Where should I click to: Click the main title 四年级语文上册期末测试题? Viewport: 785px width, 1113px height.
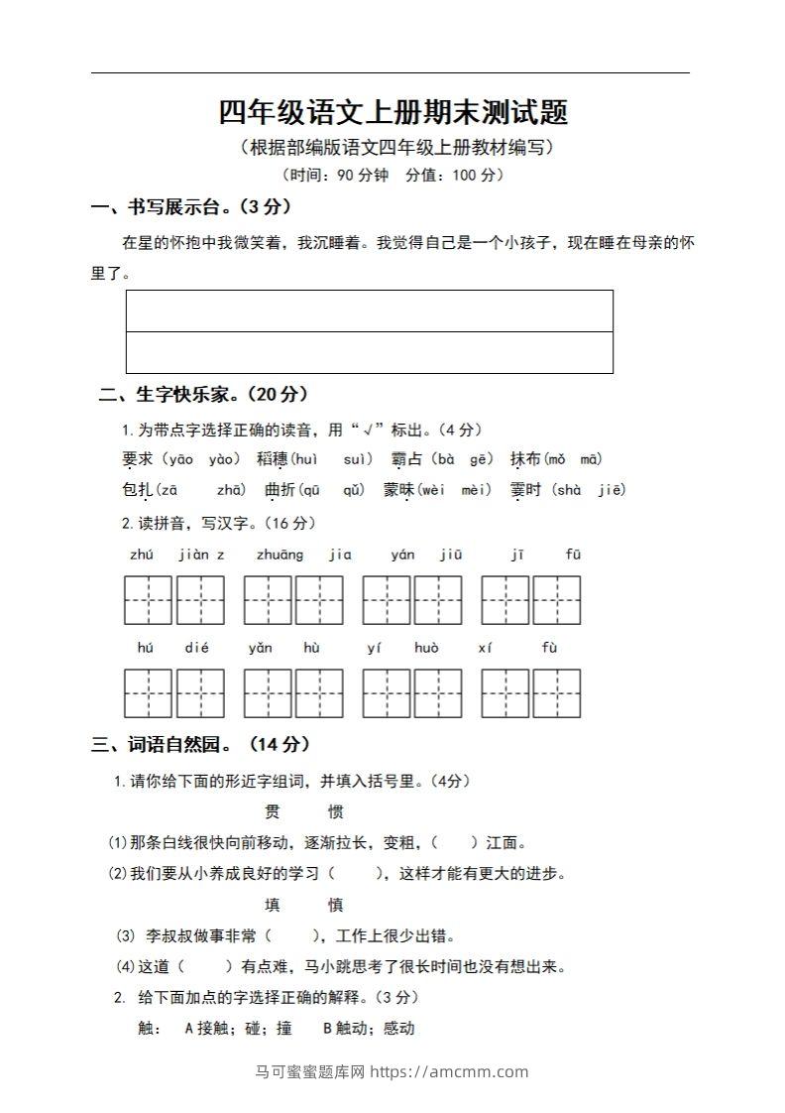coord(393,112)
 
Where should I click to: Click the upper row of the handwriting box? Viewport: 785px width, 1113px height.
coord(370,310)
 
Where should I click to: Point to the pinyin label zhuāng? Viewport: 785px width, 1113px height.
coord(280,555)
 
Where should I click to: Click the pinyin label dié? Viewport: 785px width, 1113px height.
coord(196,648)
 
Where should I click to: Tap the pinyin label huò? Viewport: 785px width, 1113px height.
coord(426,648)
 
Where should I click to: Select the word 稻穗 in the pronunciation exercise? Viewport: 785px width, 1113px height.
coord(272,458)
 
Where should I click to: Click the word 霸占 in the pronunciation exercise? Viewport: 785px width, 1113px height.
coord(406,458)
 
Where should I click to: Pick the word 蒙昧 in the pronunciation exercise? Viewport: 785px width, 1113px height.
coord(399,489)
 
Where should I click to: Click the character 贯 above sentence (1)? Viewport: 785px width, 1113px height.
coord(274,811)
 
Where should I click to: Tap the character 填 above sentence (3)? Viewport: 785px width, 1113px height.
coord(274,905)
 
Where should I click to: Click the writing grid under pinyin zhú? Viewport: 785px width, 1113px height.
coord(148,600)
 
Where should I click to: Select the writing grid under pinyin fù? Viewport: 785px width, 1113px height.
coord(557,693)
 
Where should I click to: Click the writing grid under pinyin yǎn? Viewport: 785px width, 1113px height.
coord(268,693)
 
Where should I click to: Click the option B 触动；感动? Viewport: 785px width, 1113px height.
coord(369,1029)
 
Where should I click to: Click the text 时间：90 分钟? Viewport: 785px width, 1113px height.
coord(332,176)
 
